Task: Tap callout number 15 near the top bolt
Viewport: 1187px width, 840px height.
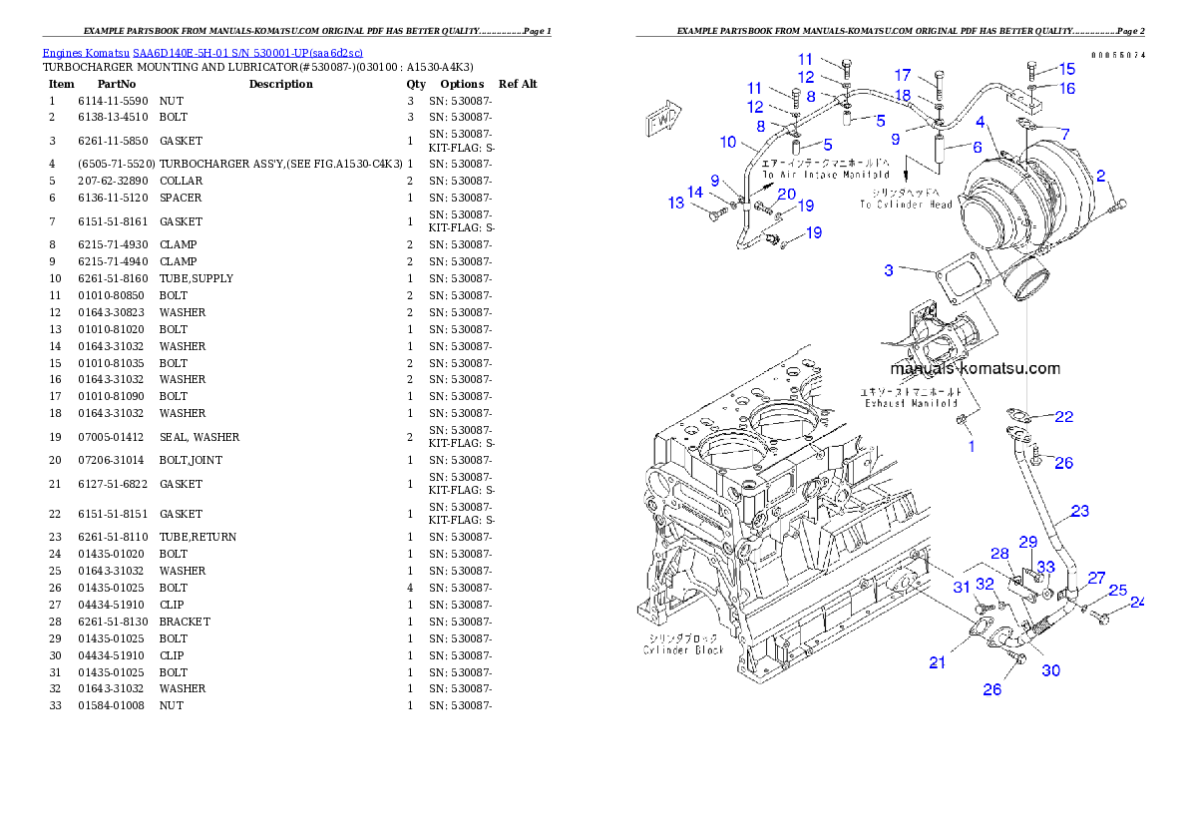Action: pos(1067,69)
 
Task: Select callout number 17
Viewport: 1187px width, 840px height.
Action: pos(903,75)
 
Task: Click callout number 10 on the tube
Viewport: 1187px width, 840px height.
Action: pos(727,143)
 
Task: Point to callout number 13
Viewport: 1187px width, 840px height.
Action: pos(676,204)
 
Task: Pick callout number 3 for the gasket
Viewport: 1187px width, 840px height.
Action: pos(887,270)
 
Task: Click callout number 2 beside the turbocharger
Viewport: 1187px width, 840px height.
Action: pos(1100,176)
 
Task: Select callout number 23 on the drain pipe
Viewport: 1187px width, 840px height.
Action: pos(1080,512)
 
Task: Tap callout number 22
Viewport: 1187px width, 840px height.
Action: pos(1064,416)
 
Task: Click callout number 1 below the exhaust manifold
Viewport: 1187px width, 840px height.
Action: pos(972,446)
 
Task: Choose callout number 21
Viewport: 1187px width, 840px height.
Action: pos(938,662)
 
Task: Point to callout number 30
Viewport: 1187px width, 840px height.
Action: pos(1051,670)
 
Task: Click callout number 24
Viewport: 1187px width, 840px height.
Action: pos(1137,602)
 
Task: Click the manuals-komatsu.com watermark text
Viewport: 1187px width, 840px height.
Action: pos(975,368)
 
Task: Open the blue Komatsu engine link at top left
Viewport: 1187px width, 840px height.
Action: pos(202,52)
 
